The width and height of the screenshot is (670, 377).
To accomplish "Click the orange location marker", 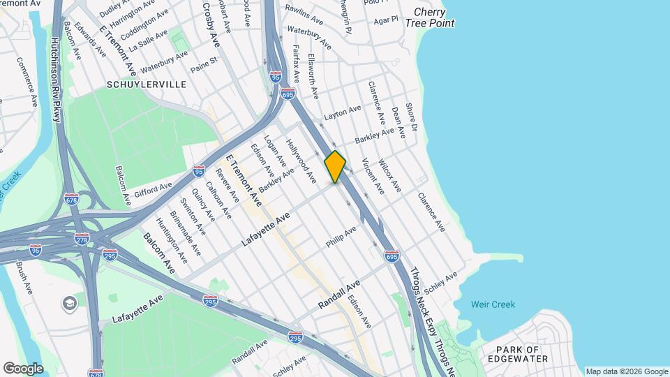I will [335, 167].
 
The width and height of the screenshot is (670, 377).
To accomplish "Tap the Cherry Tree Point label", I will [433, 17].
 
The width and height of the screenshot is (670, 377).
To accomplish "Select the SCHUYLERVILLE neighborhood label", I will [147, 84].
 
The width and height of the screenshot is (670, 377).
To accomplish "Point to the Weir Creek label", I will [493, 304].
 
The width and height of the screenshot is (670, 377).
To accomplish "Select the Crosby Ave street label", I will [211, 24].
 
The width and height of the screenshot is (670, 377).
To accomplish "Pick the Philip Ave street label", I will [341, 236].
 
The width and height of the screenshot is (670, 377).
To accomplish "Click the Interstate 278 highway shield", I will [82, 239].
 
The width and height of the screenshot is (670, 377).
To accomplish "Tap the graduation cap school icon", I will [70, 303].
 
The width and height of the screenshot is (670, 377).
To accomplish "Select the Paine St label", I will [204, 64].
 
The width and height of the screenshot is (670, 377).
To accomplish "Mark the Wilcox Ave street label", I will [389, 177].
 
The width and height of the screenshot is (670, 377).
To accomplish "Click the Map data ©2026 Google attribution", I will [626, 371].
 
